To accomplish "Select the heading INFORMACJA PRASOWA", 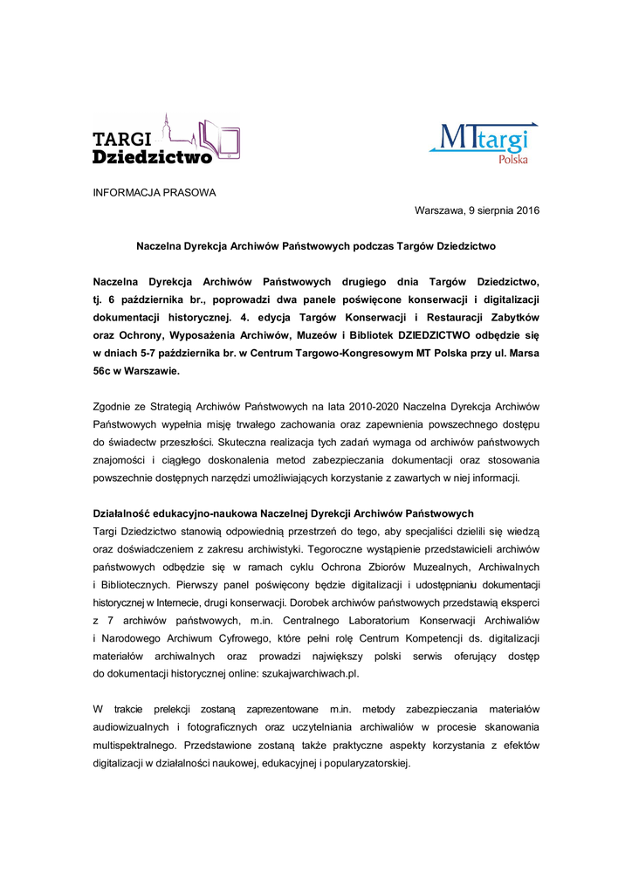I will [155, 193].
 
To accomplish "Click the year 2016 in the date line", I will [526, 211].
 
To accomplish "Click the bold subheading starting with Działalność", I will [283, 512].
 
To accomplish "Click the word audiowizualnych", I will [133, 726].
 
